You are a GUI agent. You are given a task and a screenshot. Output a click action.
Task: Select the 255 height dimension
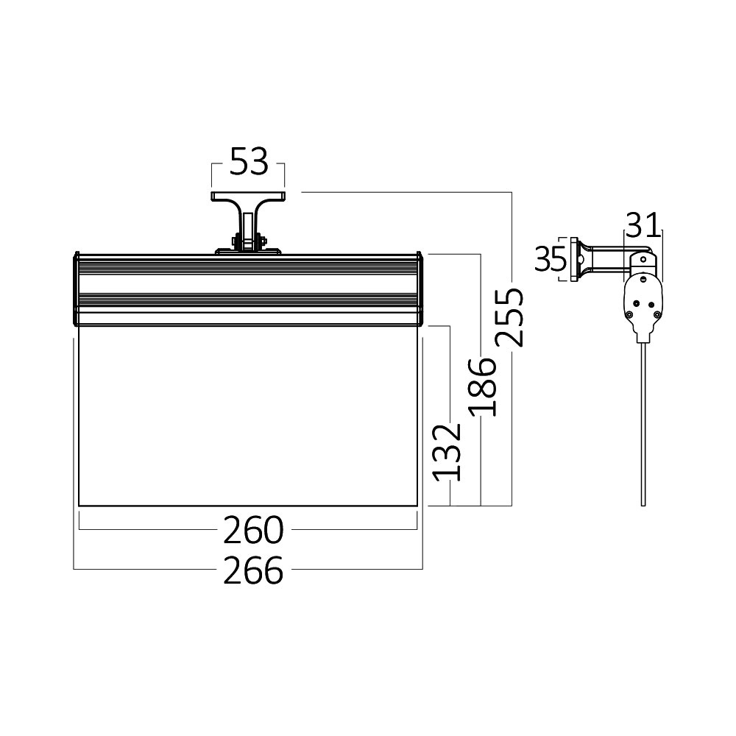[509, 317]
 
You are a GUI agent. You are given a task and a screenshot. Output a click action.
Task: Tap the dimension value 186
[483, 386]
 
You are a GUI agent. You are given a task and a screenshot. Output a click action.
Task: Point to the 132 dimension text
[446, 453]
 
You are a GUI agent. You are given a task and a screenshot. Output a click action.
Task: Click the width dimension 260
[253, 529]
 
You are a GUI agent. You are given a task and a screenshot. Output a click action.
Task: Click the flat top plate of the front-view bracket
[249, 197]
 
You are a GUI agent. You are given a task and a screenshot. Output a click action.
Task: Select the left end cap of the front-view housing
[76, 289]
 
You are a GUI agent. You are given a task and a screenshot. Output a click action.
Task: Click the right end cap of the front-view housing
[421, 289]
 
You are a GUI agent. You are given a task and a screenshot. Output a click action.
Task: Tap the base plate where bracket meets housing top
[248, 252]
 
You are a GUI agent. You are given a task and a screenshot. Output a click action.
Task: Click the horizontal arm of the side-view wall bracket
[607, 259]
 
